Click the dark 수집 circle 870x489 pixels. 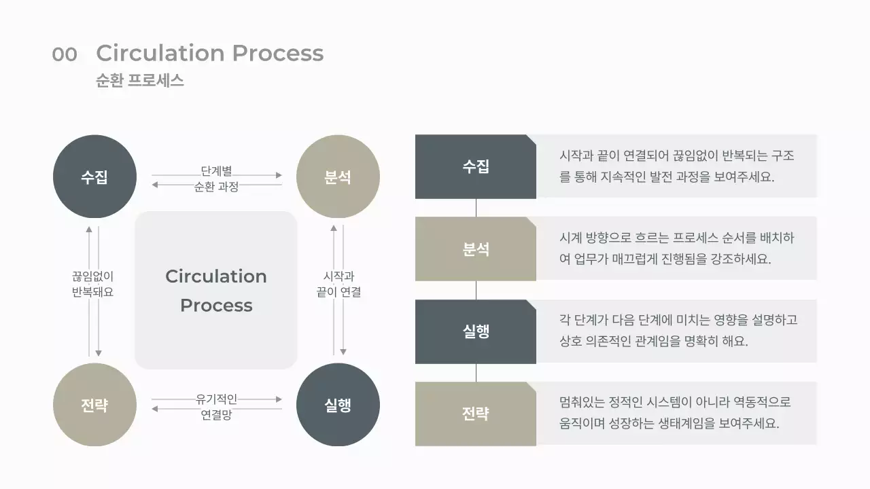94,177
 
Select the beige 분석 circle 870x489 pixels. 338,177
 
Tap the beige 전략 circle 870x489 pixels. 94,405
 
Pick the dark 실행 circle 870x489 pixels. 338,405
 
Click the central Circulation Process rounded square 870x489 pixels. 216,291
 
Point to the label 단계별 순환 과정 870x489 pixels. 216,179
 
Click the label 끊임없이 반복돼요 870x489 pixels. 92,284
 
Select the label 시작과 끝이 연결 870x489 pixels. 338,284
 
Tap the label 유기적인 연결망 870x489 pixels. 216,407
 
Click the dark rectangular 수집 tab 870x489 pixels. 475,166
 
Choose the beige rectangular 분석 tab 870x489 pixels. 475,249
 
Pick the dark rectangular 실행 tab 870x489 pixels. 475,331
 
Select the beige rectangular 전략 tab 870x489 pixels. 475,414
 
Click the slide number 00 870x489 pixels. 65,54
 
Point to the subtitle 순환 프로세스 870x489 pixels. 140,80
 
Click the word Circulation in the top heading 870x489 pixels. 160,53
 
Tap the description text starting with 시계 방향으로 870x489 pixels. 676,249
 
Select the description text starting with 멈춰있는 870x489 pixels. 675,412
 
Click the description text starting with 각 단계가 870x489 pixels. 678,330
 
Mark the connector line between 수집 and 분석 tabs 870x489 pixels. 476,208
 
